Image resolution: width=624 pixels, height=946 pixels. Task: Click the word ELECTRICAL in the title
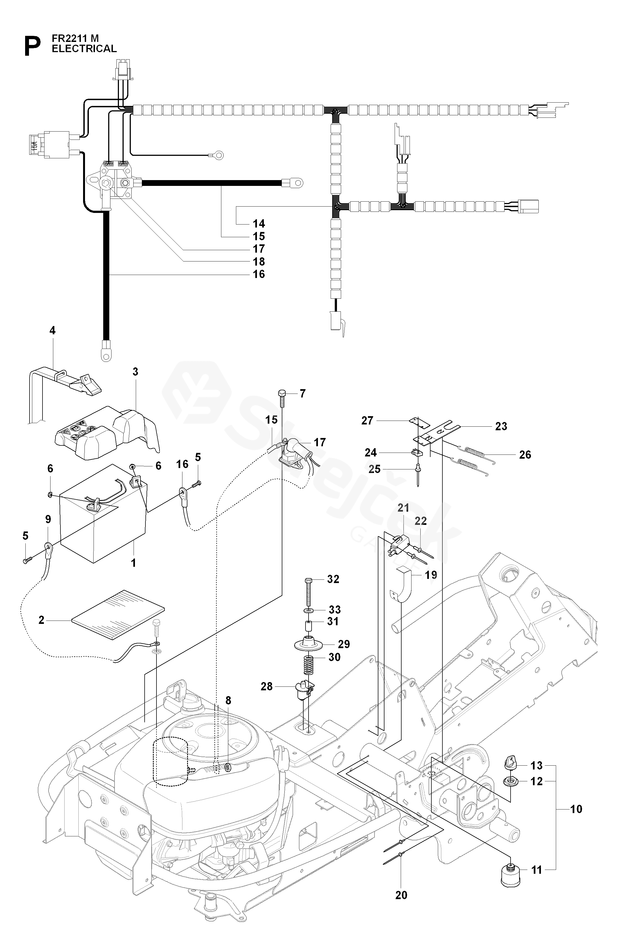point(84,49)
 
